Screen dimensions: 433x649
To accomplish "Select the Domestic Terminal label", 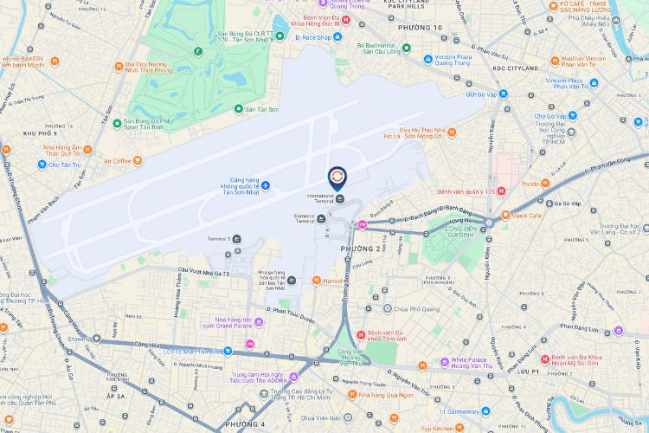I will (x=305, y=218).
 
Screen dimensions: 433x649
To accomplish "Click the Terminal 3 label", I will (x=217, y=238).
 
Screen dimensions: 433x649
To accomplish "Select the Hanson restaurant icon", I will (x=317, y=281).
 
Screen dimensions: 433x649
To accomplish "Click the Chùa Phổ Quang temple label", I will (x=417, y=307).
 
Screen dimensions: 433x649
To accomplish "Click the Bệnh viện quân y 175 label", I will (x=465, y=191).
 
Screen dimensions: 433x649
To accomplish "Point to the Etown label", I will (x=80, y=340).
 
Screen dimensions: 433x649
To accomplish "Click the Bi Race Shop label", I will (x=312, y=38).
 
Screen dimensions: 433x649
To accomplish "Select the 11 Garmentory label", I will (x=466, y=411).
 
